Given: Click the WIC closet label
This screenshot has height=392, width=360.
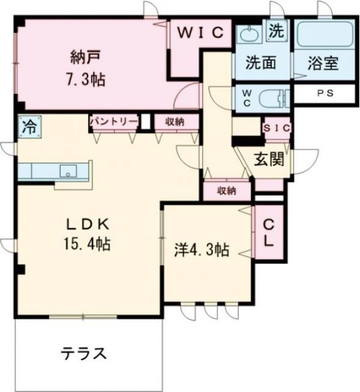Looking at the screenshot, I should pos(201,33).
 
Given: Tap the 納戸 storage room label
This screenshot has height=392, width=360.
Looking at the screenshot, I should pos(84,59).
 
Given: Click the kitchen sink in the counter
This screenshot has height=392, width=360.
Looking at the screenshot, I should pos(67,171).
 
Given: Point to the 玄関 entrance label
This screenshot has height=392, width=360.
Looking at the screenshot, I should pos(269,160).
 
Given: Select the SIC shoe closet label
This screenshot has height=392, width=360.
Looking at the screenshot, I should pos(277,128).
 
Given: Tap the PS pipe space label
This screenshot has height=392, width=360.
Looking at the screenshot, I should pos(321,95).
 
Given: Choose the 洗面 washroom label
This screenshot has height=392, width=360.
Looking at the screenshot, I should pos(260,62).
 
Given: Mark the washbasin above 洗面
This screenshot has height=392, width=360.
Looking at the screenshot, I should pos(249,34).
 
